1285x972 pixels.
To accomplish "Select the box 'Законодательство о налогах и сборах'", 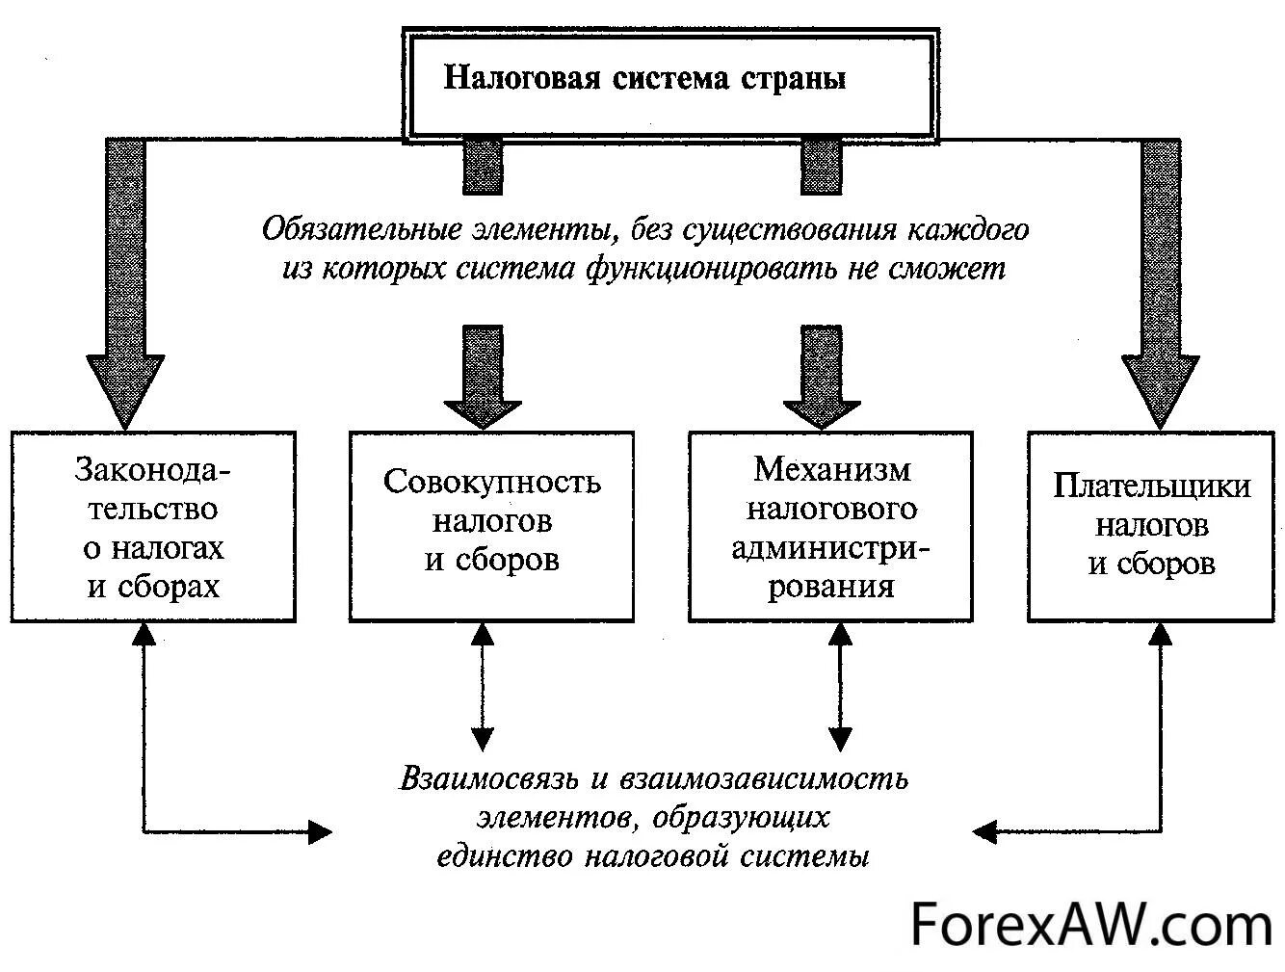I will pyautogui.click(x=153, y=527).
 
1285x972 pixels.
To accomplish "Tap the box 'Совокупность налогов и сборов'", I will pyautogui.click(x=491, y=525).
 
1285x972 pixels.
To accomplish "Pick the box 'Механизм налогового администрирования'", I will pyautogui.click(x=831, y=525).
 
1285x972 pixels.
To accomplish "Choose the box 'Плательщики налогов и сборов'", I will pyautogui.click(x=1152, y=525).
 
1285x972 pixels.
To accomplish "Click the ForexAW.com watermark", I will pyautogui.click(x=1091, y=926).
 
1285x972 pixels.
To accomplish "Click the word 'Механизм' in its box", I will pyautogui.click(x=831, y=469).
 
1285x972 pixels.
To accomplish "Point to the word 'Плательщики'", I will pyautogui.click(x=1152, y=485).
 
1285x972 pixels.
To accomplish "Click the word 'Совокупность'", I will pyautogui.click(x=491, y=481).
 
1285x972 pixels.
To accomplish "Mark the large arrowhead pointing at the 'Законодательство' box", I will pyautogui.click(x=125, y=390).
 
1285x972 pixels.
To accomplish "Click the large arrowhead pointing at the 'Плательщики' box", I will pyautogui.click(x=1161, y=390).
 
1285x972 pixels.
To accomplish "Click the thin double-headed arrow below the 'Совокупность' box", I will pyautogui.click(x=483, y=686).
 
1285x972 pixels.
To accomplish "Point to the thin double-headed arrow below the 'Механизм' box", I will pyautogui.click(x=840, y=686).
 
